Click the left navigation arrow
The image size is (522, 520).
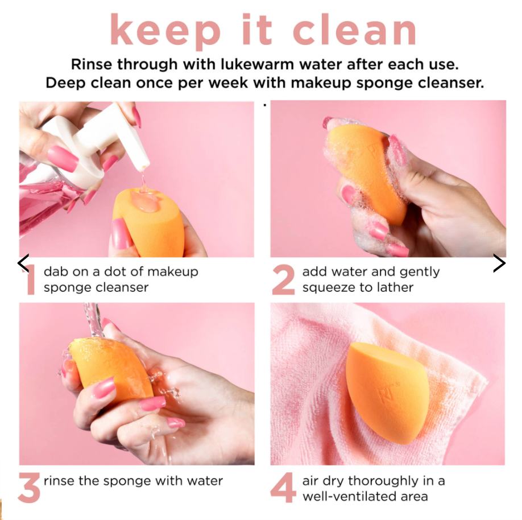coord(23,263)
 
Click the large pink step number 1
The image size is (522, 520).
coord(30,280)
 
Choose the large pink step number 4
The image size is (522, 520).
coord(283,487)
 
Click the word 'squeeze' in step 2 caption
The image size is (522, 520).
coord(328,287)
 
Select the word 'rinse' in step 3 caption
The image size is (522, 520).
coord(58,481)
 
